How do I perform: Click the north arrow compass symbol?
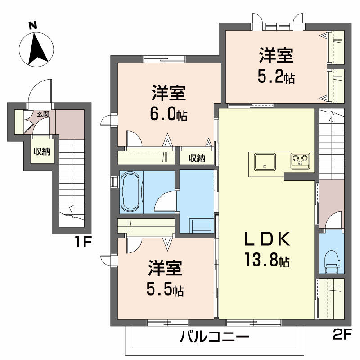click(36, 48)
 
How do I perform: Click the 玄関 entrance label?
click(43, 114)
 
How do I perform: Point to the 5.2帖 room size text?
click(276, 77)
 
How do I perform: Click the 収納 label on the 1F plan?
click(42, 152)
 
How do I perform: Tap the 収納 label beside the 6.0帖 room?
click(197, 158)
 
